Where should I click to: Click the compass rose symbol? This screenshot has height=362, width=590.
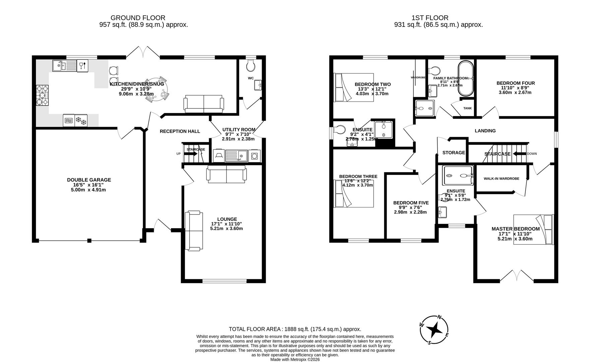tap(435, 330)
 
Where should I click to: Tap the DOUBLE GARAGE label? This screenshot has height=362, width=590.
tap(89, 180)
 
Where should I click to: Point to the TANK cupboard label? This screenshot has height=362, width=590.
tap(467, 108)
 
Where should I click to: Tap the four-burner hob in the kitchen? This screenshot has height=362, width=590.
tap(42, 96)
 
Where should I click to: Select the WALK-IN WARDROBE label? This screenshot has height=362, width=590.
tap(501, 179)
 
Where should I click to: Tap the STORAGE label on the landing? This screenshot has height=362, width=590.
tap(454, 153)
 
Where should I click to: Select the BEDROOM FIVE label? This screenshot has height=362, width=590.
tap(411, 203)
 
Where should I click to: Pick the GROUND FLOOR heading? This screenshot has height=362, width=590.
tap(138, 18)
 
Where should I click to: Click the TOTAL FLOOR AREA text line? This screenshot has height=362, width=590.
tap(294, 329)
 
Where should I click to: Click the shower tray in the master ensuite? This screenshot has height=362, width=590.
tap(458, 175)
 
